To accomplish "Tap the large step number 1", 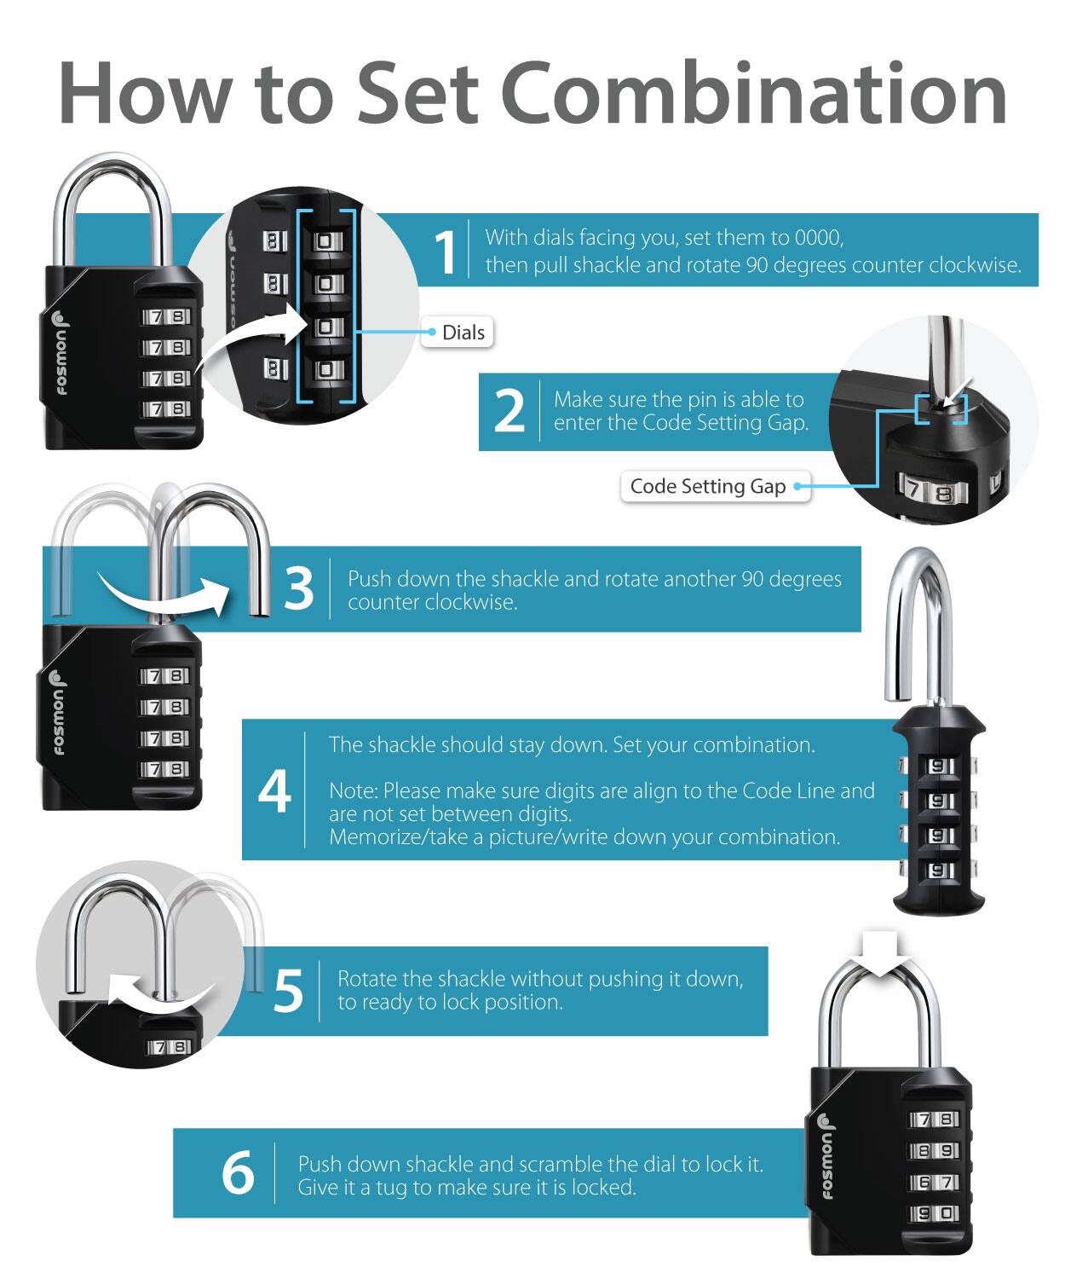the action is tap(446, 252).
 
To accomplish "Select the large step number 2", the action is tap(509, 410).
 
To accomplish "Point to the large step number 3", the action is tap(299, 588).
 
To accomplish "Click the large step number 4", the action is tap(274, 790).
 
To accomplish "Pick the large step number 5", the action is tap(288, 990).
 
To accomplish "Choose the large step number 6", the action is tap(238, 1172).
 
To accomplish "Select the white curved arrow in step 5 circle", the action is tap(160, 994).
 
